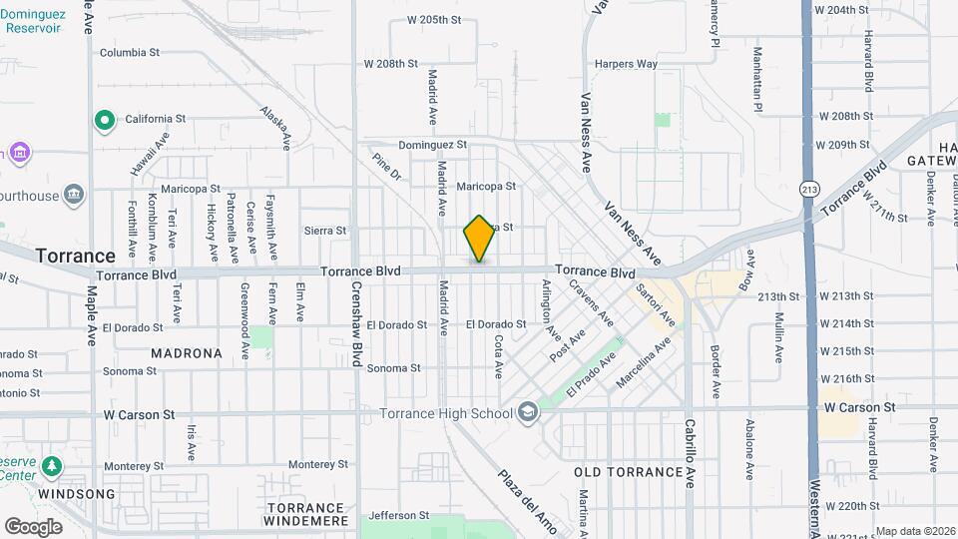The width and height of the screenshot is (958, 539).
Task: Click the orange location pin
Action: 479,238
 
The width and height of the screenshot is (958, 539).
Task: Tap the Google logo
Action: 33,526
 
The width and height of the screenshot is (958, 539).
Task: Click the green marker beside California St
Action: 104,121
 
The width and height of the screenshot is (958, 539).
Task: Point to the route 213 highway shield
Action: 808,189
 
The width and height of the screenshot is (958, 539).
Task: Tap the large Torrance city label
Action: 76,256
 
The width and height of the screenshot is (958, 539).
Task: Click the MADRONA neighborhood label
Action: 187,353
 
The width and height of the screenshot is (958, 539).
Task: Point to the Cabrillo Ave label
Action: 689,452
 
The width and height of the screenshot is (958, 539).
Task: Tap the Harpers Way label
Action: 626,65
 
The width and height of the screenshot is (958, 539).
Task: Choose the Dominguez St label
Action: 432,145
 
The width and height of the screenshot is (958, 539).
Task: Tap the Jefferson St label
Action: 398,516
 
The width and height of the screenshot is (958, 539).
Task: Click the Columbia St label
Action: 130,53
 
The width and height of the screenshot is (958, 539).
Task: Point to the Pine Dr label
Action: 386,167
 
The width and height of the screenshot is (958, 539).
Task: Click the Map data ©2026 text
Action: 915,531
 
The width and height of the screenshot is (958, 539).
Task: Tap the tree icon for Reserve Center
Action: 49,466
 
